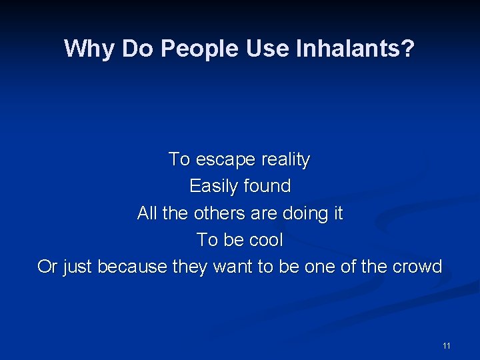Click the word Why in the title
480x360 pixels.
pos(85,48)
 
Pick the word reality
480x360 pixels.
pos(285,160)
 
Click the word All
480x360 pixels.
pos(147,213)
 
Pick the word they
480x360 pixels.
pos(190,267)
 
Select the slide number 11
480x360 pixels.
pos(446,345)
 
